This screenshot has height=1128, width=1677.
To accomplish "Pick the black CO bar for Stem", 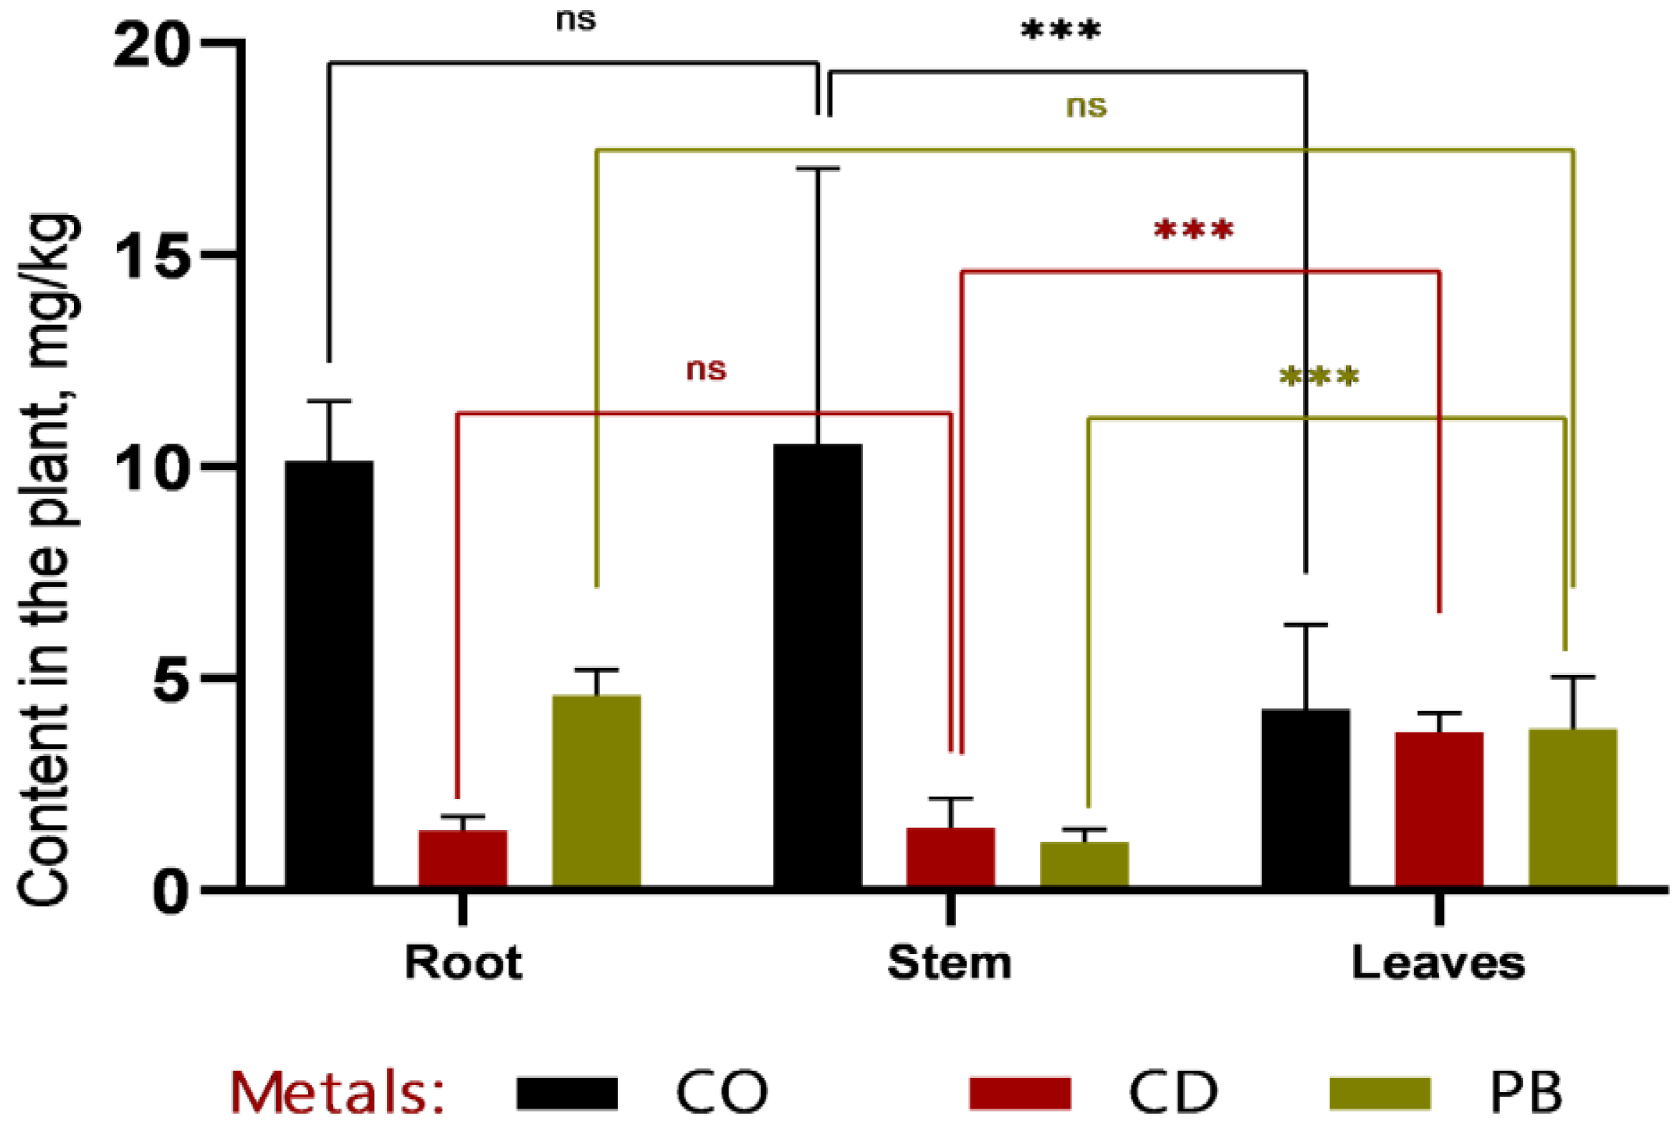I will (817, 665).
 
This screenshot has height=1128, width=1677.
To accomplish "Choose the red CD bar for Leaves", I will (1439, 808).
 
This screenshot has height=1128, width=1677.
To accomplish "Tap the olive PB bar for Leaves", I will (1572, 807).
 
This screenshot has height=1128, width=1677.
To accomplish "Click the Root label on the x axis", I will (462, 962).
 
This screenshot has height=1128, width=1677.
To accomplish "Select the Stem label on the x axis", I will (950, 962).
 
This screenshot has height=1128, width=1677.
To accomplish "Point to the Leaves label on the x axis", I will (1438, 962).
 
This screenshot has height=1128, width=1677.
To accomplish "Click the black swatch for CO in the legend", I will (567, 1094).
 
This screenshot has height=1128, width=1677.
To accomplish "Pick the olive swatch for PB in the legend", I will (1379, 1094).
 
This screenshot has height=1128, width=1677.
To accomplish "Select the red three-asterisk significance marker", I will (1193, 230).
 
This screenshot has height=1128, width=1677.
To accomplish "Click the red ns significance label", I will (706, 370).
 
